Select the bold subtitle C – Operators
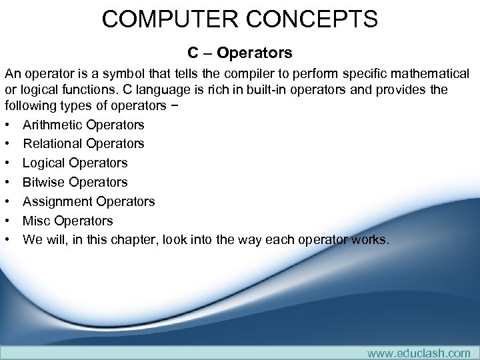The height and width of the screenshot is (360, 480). tap(239, 52)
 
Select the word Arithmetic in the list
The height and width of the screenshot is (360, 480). tap(51, 125)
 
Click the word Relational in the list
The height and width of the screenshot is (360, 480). tap(51, 143)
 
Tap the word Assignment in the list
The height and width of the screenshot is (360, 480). tap(57, 201)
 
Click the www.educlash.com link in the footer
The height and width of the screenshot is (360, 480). tap(419, 353)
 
